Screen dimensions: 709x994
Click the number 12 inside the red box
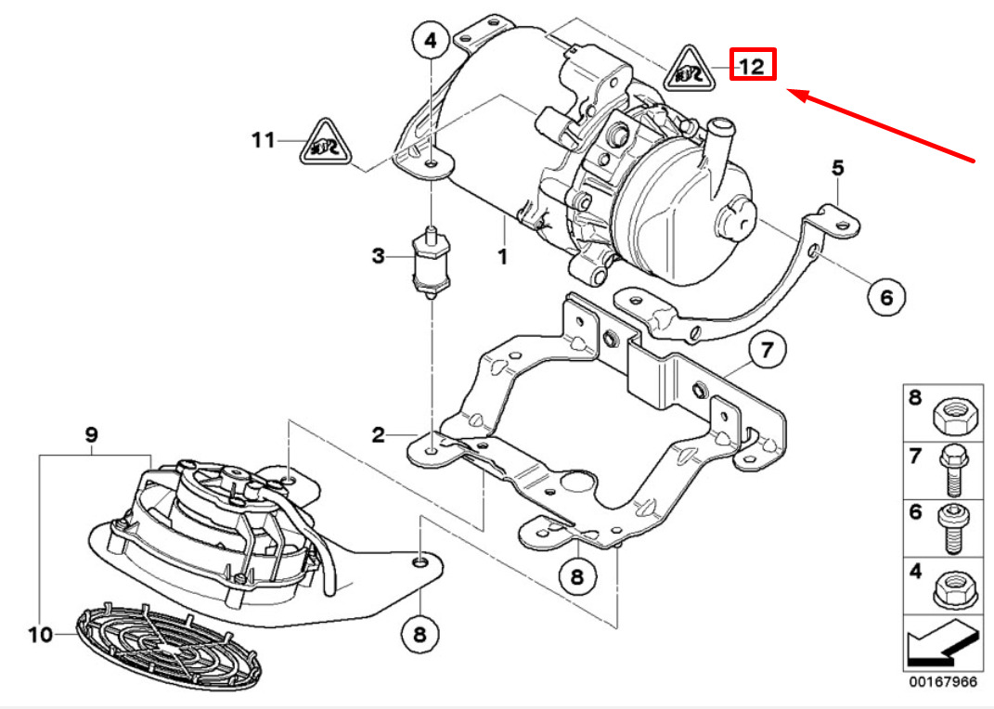[752, 65]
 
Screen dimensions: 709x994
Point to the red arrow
[882, 125]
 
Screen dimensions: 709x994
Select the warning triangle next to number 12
[690, 69]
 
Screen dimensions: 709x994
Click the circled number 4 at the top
[431, 41]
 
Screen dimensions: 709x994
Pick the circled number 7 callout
[767, 352]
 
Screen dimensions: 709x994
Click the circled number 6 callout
[885, 297]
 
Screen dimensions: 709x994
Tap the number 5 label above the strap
[837, 168]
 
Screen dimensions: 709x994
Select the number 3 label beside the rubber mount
[378, 256]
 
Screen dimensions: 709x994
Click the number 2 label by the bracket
[379, 434]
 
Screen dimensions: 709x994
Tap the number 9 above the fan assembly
[91, 433]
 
